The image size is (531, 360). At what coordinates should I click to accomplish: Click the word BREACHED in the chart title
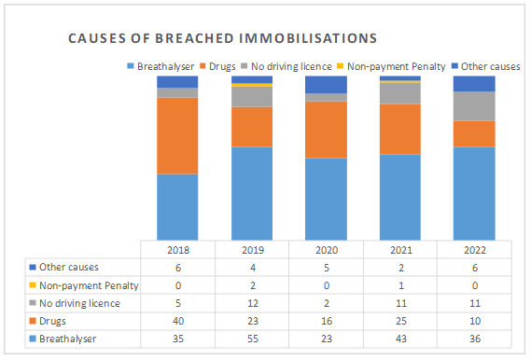point(194,38)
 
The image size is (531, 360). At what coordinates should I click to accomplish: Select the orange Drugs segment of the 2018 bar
point(177,135)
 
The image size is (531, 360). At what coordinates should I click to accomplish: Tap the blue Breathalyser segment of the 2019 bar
point(252,194)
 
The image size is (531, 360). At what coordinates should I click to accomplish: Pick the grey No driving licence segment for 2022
point(474,106)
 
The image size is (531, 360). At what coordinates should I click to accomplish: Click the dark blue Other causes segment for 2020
point(326,85)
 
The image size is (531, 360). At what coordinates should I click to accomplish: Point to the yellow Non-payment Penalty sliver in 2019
point(252,85)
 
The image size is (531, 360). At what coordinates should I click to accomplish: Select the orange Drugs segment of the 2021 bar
point(400,130)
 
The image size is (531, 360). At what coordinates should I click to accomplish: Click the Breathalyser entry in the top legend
point(161,66)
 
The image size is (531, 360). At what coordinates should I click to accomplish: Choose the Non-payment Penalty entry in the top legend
point(391,66)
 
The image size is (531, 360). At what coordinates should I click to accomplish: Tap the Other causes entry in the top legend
point(486,66)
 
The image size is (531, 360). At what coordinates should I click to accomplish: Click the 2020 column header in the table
point(327,250)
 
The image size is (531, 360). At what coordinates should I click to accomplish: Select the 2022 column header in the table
point(475,250)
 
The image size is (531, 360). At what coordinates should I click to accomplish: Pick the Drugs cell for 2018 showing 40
point(178,321)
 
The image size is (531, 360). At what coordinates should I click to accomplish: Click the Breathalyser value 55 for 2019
point(253,339)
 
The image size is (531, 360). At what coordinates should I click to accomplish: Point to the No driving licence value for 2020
point(327,303)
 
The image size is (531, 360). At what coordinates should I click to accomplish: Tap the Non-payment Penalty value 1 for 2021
point(401,285)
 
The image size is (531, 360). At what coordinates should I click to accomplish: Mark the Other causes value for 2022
point(475,268)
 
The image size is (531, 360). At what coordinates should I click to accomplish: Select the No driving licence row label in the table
point(75,303)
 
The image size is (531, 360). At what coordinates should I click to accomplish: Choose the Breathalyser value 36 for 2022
point(475,339)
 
